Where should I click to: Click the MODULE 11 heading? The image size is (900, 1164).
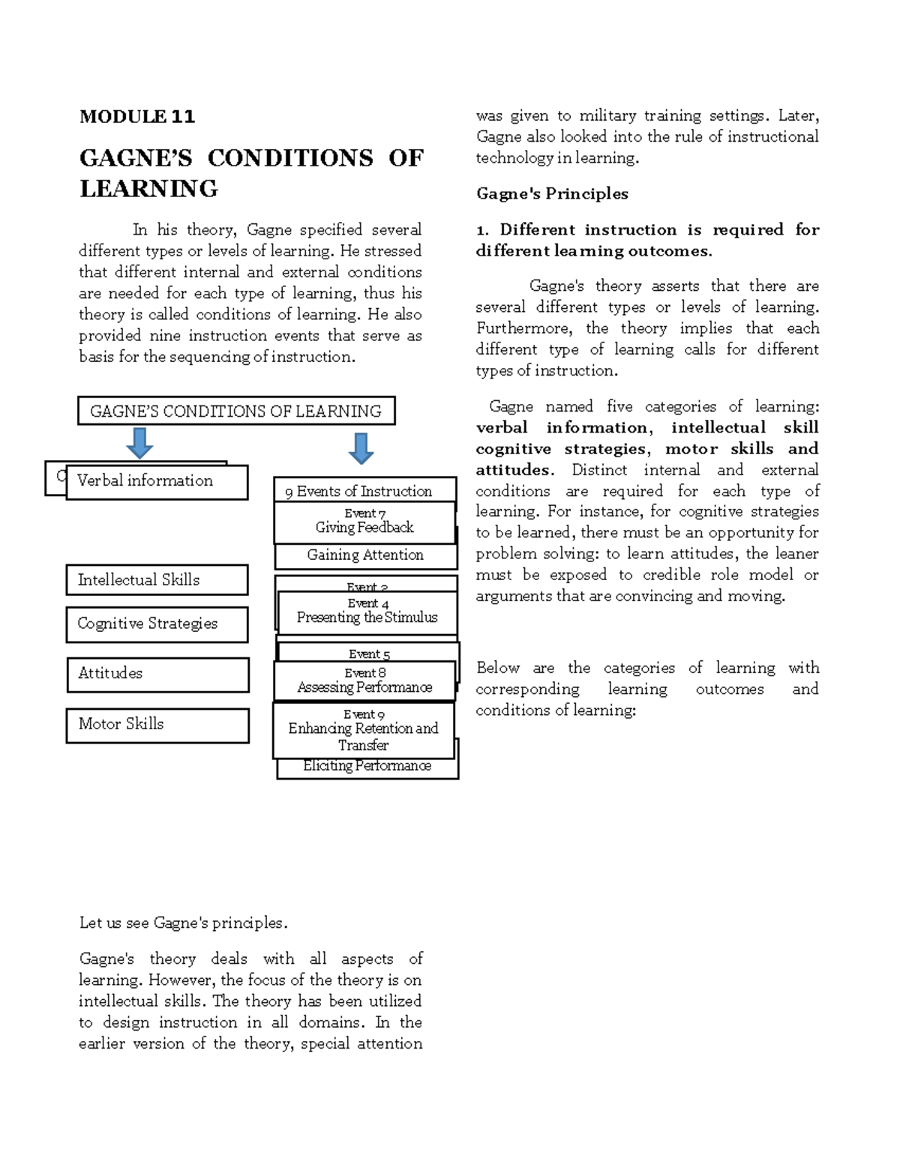coord(137,116)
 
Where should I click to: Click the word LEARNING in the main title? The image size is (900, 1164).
coord(148,189)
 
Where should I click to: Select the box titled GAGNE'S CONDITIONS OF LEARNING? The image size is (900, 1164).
coord(236,411)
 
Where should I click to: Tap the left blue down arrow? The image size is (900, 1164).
coord(139,443)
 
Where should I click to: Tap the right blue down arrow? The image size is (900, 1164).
coord(361,448)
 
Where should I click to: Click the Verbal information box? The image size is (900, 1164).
coord(157,482)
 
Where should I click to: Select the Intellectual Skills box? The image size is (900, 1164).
coord(157,580)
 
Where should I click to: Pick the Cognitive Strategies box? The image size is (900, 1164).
coord(157,624)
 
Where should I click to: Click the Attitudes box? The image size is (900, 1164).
coord(157,675)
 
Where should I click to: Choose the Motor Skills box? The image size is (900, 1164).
coord(157,725)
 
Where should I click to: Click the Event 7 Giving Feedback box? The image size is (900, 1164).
coord(364,522)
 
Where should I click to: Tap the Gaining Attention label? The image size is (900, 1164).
coord(365,555)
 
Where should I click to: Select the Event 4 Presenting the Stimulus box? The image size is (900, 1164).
coord(367,612)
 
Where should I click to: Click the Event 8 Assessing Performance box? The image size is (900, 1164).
coord(364,681)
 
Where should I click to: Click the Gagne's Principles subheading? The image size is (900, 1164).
coord(552,194)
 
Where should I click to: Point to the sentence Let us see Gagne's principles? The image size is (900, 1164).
coord(183,923)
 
